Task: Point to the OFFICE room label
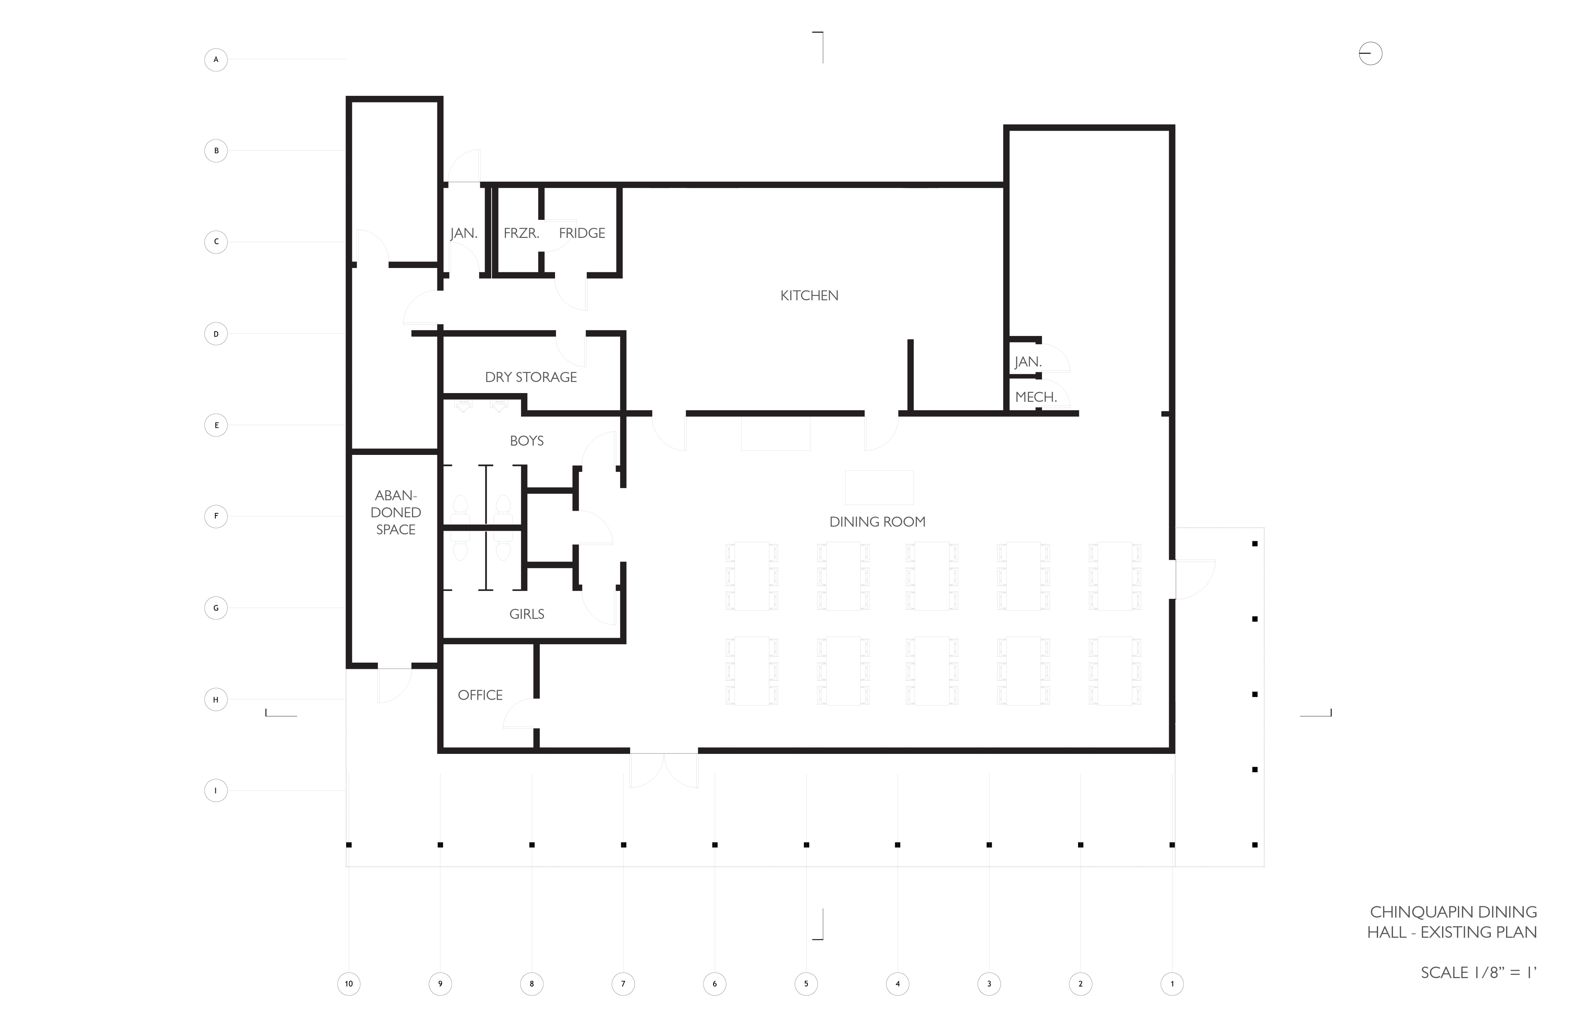480,695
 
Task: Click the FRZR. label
521,233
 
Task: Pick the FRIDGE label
582,233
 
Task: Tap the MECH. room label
1036,397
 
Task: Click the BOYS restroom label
527,441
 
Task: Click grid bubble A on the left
216,60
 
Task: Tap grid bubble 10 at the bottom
349,984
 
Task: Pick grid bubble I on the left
216,791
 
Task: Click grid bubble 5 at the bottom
806,984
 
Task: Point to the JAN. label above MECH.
1028,362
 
